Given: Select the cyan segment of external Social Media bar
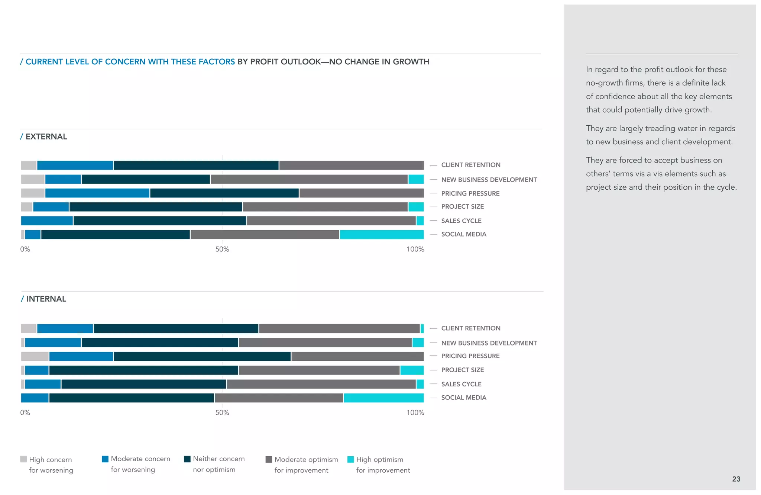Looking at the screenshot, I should (382, 235).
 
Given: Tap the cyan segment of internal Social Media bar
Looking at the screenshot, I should (383, 398).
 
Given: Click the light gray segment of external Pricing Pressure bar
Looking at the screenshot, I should (33, 193).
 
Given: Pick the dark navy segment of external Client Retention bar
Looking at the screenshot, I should (196, 165).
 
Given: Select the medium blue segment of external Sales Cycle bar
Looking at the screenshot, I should (47, 221).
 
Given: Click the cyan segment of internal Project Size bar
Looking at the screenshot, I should (412, 370).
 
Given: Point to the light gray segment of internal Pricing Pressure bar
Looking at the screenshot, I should (35, 356).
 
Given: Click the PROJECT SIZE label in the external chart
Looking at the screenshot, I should (462, 207).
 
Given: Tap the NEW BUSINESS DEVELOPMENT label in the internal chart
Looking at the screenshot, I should (489, 343).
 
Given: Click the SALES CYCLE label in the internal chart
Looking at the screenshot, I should (461, 384).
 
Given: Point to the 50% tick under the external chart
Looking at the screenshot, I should (222, 249).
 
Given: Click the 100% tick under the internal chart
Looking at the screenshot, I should (415, 412).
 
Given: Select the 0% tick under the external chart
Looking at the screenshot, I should (25, 249).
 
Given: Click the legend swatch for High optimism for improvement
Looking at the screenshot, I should (350, 459).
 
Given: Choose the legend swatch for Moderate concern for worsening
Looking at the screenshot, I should (105, 459).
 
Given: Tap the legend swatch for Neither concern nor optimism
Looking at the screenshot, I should (187, 459).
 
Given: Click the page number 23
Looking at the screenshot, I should (736, 479).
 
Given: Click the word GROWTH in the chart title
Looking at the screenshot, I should (411, 62).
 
